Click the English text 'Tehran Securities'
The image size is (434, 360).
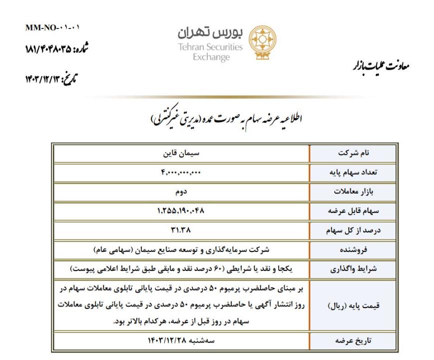point(210,47)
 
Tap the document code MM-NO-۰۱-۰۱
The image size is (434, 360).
point(52,27)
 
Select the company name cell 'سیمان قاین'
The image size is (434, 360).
point(181,152)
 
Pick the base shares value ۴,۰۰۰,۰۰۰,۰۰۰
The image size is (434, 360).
point(181,172)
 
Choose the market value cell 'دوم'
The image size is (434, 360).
point(181,191)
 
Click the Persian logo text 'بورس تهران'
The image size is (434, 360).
point(210,33)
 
